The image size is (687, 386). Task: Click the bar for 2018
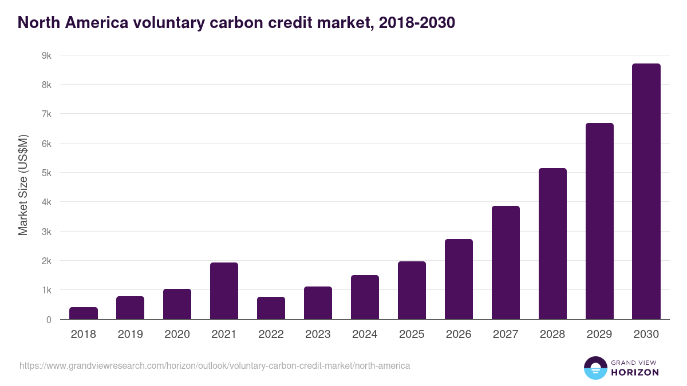pyautogui.click(x=84, y=313)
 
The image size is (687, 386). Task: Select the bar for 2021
pyautogui.click(x=224, y=291)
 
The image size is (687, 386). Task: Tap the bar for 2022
pyautogui.click(x=271, y=308)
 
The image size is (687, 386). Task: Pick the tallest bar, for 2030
pyautogui.click(x=646, y=192)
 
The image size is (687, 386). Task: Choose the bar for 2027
pyautogui.click(x=506, y=262)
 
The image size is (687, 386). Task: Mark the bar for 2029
pyautogui.click(x=599, y=221)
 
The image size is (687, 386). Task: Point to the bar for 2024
pyautogui.click(x=365, y=297)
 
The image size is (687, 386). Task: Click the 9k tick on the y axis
pyautogui.click(x=46, y=55)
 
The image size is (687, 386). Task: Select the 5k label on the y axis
pyautogui.click(x=46, y=173)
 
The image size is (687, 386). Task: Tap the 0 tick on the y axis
pyautogui.click(x=49, y=320)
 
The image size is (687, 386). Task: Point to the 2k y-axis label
pyautogui.click(x=46, y=261)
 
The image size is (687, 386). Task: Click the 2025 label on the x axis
pyautogui.click(x=412, y=335)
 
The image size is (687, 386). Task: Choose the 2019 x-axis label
pyautogui.click(x=131, y=335)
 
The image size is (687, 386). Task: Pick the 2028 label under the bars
pyautogui.click(x=552, y=335)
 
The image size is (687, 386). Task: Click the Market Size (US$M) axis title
pyautogui.click(x=23, y=185)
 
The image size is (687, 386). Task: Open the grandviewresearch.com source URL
pyautogui.click(x=215, y=365)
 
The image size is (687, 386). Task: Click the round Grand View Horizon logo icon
pyautogui.click(x=595, y=368)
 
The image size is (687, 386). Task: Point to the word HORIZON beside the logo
pyautogui.click(x=635, y=372)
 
